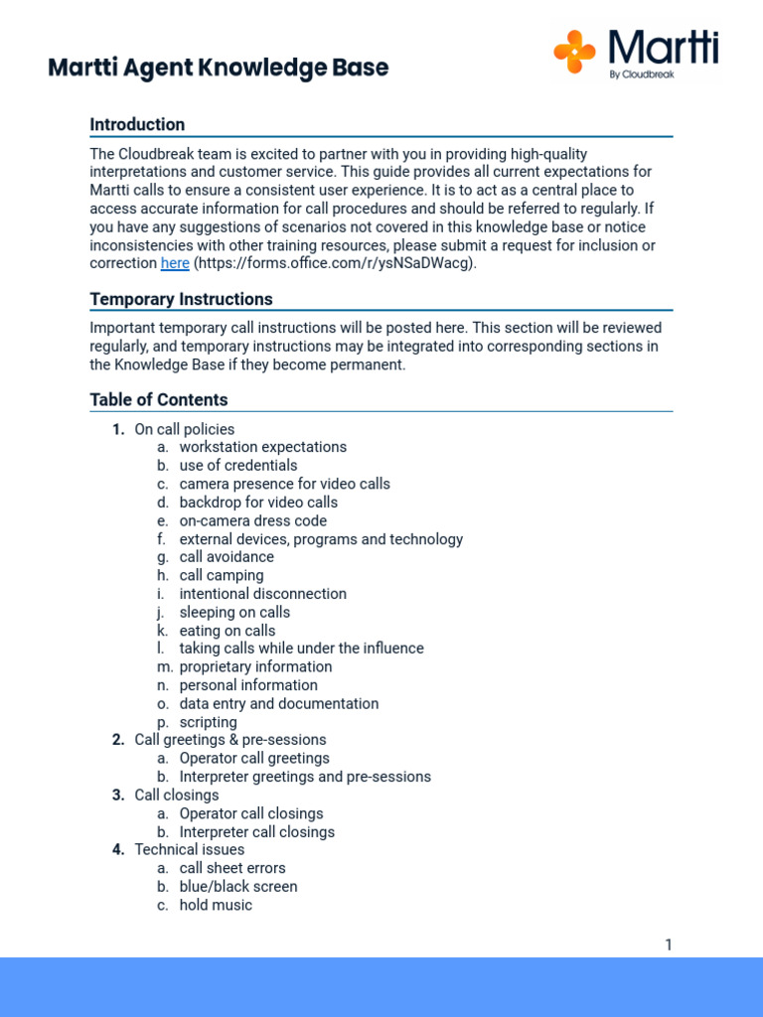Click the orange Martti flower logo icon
point(574,52)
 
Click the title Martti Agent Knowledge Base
point(219,68)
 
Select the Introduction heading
point(137,124)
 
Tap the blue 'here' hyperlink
point(175,263)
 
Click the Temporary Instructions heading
point(181,299)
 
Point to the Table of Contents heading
point(159,399)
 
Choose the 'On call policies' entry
point(185,429)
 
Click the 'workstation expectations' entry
point(263,447)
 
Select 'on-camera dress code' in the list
point(253,520)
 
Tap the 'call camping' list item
point(222,575)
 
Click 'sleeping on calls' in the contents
point(234,612)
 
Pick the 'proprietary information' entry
point(256,666)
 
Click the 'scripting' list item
point(209,722)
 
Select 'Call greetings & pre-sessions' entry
point(230,740)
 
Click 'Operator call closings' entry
point(251,813)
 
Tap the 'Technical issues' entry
point(189,849)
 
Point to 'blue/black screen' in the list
point(238,886)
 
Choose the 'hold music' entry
point(216,905)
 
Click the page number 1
point(669,944)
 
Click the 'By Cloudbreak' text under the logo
point(642,73)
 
